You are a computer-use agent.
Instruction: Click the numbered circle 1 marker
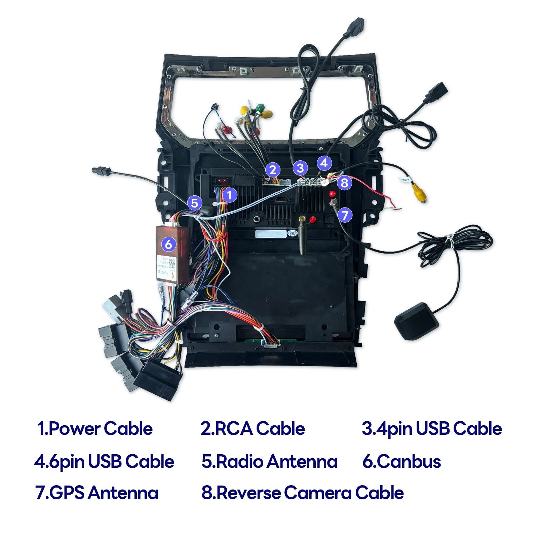[x=229, y=195]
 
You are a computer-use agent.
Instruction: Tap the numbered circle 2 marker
[x=273, y=170]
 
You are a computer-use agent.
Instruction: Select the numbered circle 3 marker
[x=300, y=168]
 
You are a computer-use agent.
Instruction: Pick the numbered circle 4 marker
[x=323, y=163]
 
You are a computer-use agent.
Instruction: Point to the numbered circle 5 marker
[x=194, y=203]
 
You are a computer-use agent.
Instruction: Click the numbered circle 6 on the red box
[x=168, y=244]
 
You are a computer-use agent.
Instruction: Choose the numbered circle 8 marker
[x=344, y=183]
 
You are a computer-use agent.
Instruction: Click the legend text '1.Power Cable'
[x=95, y=429]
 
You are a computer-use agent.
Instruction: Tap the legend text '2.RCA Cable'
[x=253, y=429]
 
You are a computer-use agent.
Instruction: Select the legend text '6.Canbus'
[x=401, y=461]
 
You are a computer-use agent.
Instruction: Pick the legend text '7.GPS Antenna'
[x=97, y=493]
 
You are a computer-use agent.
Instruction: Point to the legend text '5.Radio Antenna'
[x=269, y=461]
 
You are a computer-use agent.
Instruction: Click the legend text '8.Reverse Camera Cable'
[x=303, y=493]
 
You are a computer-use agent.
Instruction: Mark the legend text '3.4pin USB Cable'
[x=432, y=429]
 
